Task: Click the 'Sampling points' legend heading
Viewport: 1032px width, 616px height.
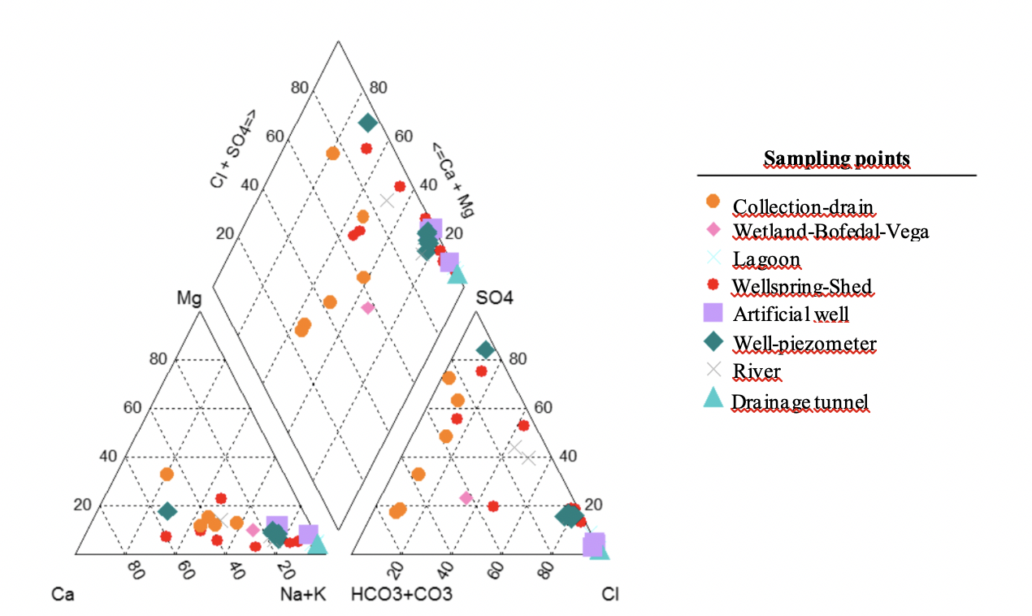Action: [x=836, y=158]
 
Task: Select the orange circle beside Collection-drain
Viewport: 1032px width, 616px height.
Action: [x=713, y=201]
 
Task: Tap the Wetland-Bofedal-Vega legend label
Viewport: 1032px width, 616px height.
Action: [x=830, y=231]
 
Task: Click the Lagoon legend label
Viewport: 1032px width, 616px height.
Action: [x=765, y=259]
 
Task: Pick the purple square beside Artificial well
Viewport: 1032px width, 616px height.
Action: [x=713, y=313]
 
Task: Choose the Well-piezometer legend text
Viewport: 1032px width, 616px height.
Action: [x=804, y=344]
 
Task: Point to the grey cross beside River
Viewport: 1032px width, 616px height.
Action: [x=713, y=370]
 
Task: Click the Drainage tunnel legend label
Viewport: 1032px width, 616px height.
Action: [x=800, y=401]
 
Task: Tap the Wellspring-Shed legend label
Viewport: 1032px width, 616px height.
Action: [x=801, y=286]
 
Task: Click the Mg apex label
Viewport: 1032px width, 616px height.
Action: [x=189, y=298]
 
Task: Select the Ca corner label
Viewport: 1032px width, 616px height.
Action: [x=63, y=594]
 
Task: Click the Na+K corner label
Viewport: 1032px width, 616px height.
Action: [x=302, y=594]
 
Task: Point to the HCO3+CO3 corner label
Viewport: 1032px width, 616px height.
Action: [x=401, y=594]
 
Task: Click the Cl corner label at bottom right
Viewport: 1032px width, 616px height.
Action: [x=609, y=594]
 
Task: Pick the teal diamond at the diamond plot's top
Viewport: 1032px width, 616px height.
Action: [x=368, y=123]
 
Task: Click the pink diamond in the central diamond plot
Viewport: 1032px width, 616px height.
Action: [x=367, y=307]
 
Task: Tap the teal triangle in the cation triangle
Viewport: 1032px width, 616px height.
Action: [x=317, y=544]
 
